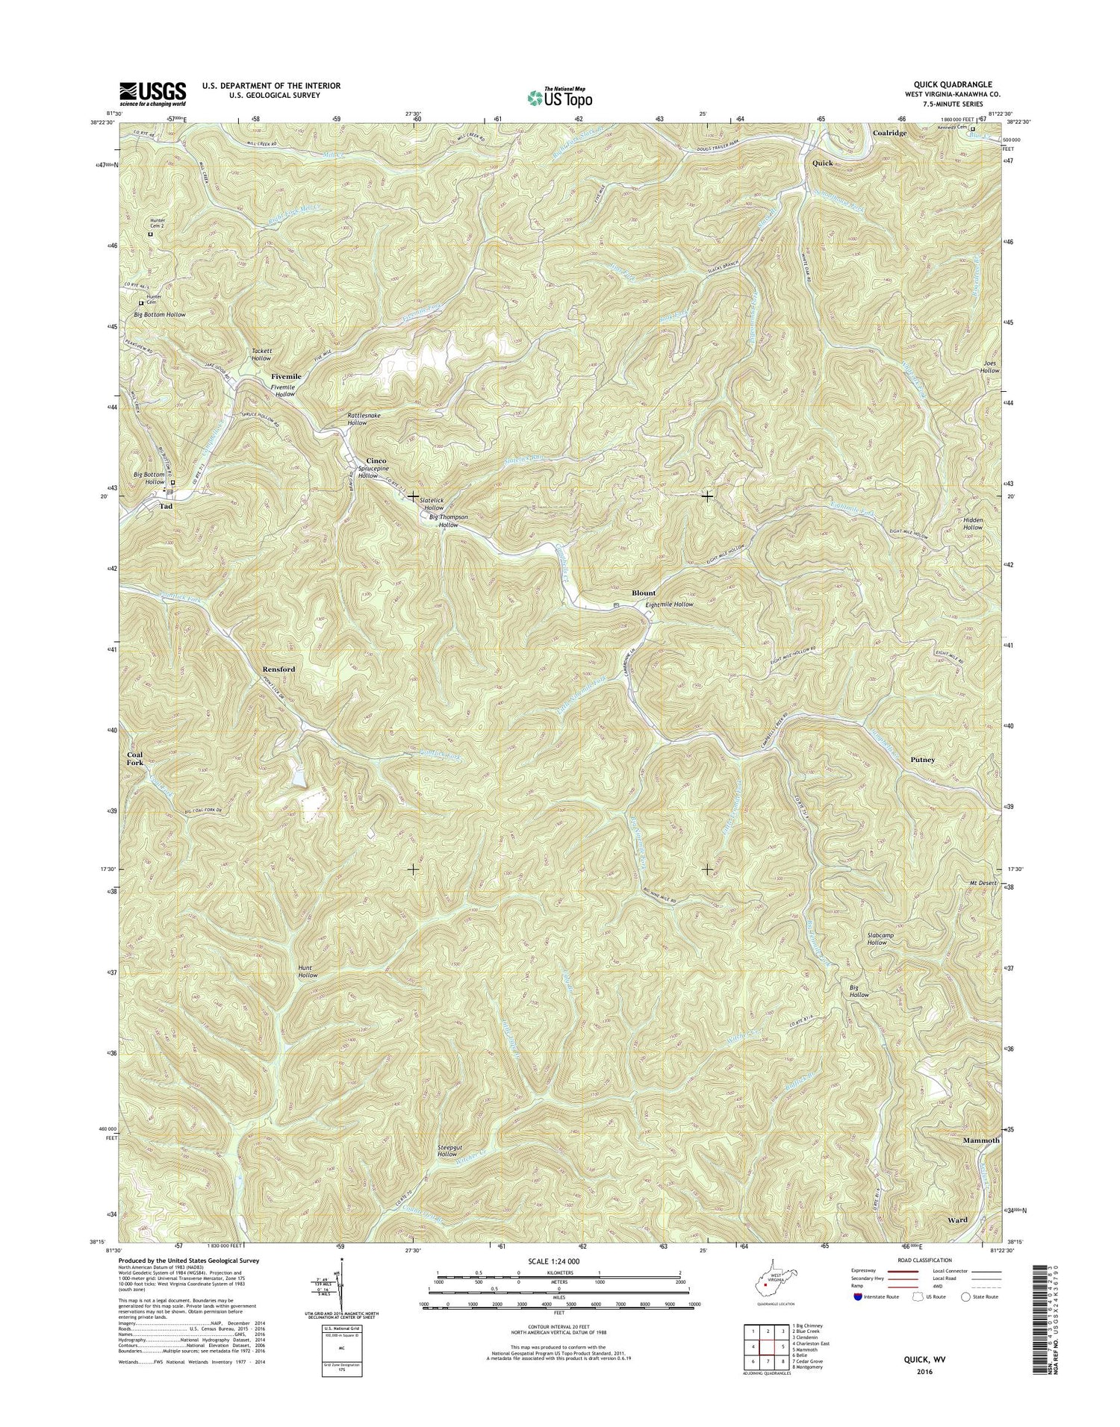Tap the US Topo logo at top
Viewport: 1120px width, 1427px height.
pyautogui.click(x=560, y=97)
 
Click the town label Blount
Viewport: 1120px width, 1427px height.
pyautogui.click(x=644, y=593)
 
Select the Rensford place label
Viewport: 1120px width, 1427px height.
pyautogui.click(x=279, y=669)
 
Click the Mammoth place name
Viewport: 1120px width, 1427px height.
pyautogui.click(x=980, y=1141)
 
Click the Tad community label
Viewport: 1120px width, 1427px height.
pyautogui.click(x=166, y=506)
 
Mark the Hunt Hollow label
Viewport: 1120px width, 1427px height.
pyautogui.click(x=308, y=972)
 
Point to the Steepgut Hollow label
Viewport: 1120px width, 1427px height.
pyautogui.click(x=447, y=1150)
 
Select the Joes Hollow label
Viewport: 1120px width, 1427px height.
pyautogui.click(x=989, y=367)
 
